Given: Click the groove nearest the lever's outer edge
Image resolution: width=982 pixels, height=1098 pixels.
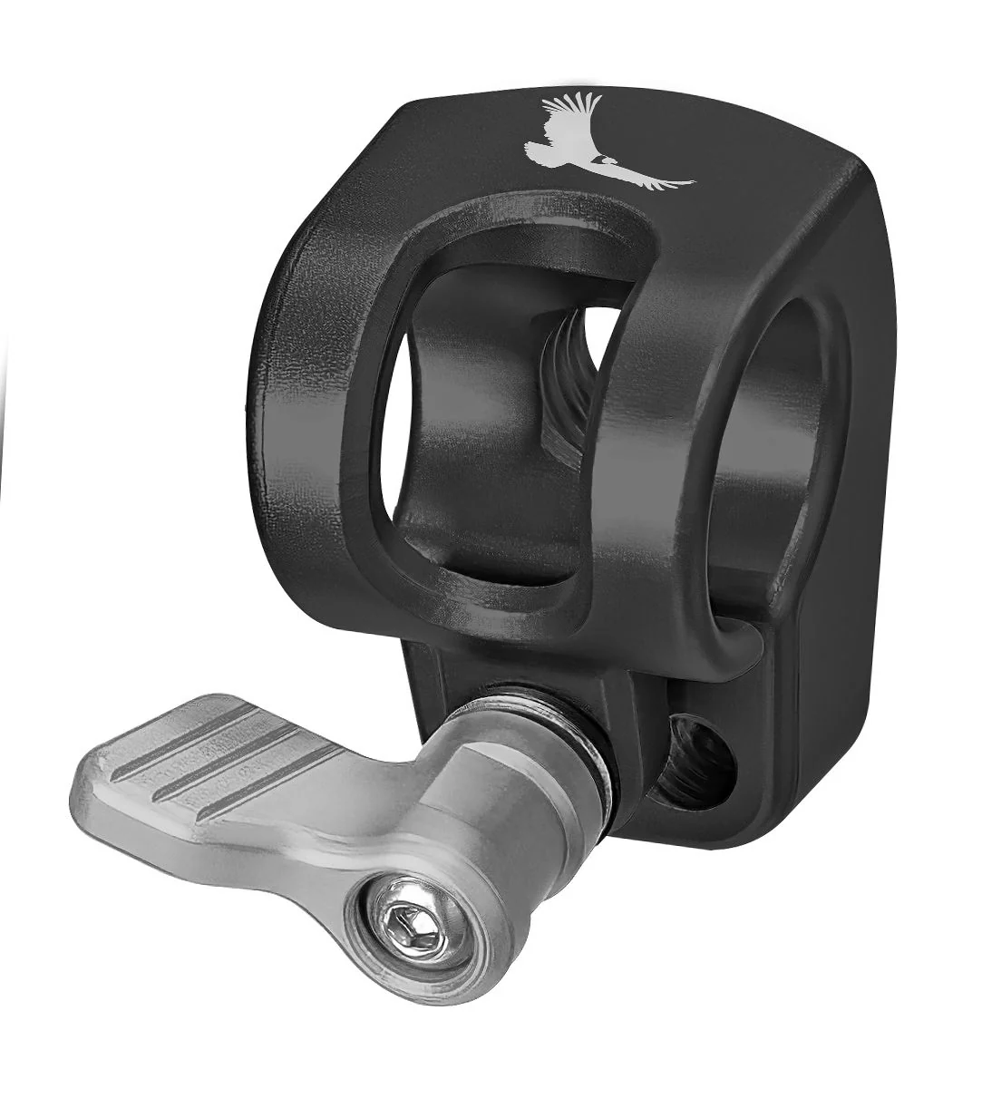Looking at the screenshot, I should pos(227,789).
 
